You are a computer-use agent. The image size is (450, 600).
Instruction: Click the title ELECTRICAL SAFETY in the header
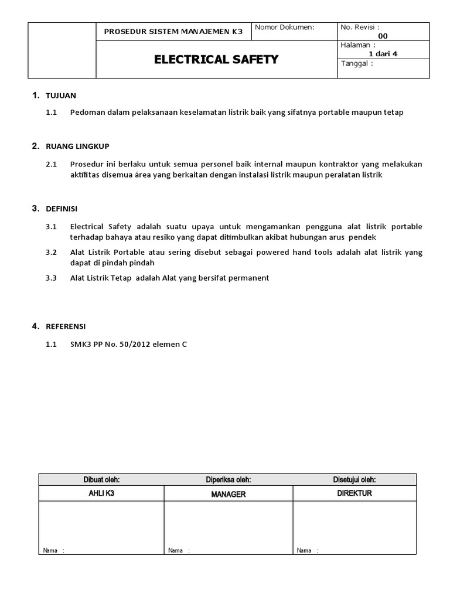point(216,60)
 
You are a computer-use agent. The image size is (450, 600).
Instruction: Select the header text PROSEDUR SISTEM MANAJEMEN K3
point(173,32)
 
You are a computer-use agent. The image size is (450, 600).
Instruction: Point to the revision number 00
point(383,36)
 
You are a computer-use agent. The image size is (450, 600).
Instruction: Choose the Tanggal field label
point(357,63)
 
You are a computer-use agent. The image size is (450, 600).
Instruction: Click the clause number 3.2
point(51,253)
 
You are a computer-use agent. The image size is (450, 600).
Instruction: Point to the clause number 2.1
point(51,164)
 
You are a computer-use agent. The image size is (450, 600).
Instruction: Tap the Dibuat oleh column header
point(101,480)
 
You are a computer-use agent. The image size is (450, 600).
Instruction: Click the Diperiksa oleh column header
point(229,480)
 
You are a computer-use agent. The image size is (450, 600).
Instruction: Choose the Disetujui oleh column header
point(354,480)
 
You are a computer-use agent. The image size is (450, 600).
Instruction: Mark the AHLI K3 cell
point(101,493)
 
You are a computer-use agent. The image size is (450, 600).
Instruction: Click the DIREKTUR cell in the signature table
point(354,493)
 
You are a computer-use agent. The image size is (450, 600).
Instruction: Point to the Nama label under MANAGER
point(175,551)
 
